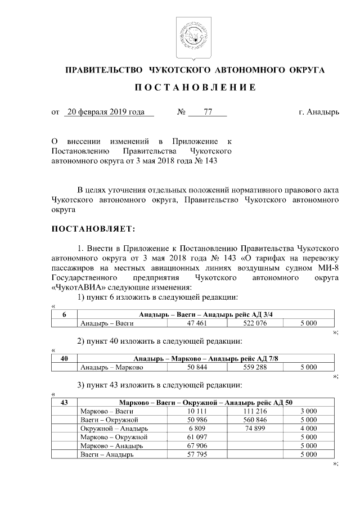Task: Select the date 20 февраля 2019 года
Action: click(105, 112)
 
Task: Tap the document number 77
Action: click(207, 112)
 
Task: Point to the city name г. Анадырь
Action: click(319, 112)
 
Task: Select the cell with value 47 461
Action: click(197, 323)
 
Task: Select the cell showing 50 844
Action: click(197, 368)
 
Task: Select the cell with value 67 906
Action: click(197, 445)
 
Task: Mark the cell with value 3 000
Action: click(309, 411)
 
